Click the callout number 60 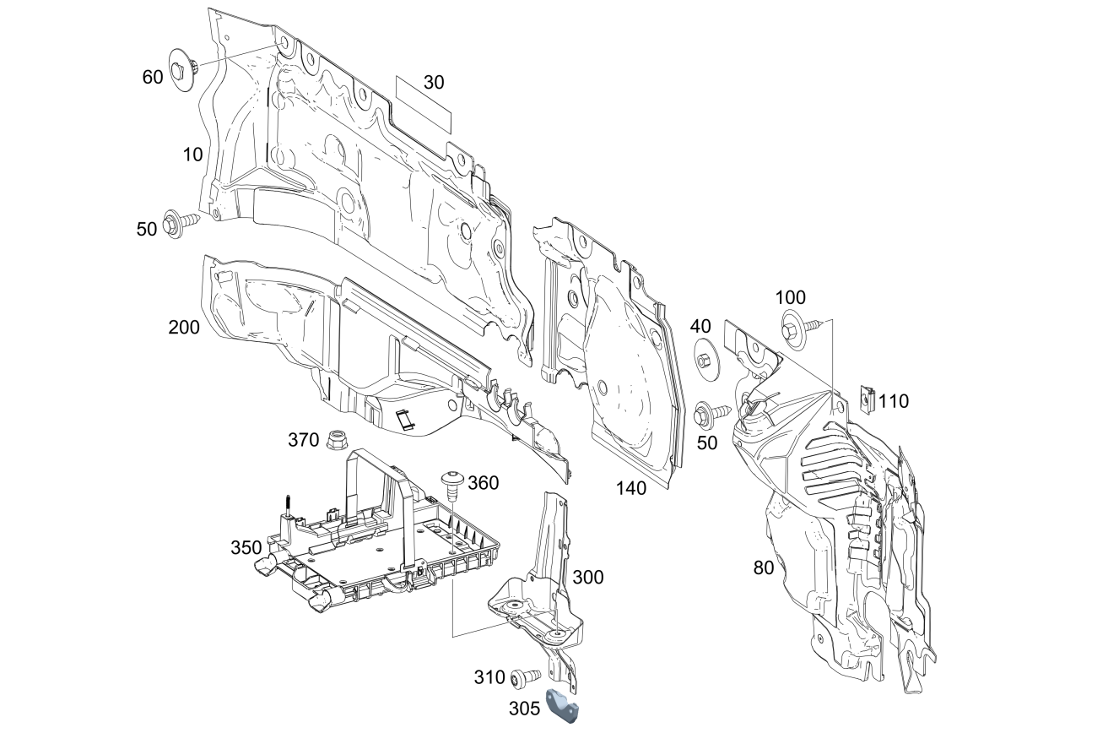click(152, 78)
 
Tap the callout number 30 click(434, 83)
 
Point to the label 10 click(193, 155)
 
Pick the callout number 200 click(184, 327)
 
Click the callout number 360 click(483, 483)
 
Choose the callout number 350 click(246, 547)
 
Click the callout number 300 click(588, 578)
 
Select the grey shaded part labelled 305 click(563, 706)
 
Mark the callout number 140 click(631, 488)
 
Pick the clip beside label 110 click(867, 397)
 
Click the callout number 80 click(763, 568)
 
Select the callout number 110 click(894, 402)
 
